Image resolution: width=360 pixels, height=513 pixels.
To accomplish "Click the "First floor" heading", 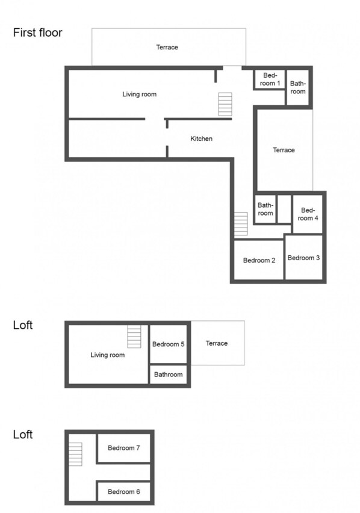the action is pyautogui.click(x=37, y=33).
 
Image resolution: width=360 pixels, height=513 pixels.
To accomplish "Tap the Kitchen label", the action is pyautogui.click(x=202, y=138).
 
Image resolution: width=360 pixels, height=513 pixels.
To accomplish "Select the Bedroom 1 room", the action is pyautogui.click(x=270, y=79).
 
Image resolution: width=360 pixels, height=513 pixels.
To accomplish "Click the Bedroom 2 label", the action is pyautogui.click(x=259, y=261).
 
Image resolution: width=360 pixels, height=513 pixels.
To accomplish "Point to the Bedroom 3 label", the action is pyautogui.click(x=303, y=258).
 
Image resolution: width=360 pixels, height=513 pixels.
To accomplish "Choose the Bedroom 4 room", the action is pyautogui.click(x=308, y=214).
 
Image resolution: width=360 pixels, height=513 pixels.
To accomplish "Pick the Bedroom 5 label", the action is pyautogui.click(x=169, y=344).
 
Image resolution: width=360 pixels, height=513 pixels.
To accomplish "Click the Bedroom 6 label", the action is pyautogui.click(x=124, y=492).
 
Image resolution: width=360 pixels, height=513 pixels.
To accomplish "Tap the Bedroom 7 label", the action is pyautogui.click(x=124, y=448).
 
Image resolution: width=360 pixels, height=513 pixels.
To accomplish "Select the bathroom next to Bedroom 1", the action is pyautogui.click(x=297, y=87).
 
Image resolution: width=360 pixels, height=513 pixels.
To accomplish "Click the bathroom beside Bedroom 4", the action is pyautogui.click(x=265, y=209).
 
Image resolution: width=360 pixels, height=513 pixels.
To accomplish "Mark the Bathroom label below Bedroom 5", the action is pyautogui.click(x=169, y=375).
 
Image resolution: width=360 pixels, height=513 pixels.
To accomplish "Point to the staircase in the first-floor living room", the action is pyautogui.click(x=225, y=104).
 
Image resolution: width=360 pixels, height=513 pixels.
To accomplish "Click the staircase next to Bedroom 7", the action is pyautogui.click(x=75, y=454).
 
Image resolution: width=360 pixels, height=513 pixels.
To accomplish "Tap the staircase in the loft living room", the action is pyautogui.click(x=134, y=337).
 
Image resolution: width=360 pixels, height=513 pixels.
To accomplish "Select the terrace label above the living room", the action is pyautogui.click(x=167, y=47).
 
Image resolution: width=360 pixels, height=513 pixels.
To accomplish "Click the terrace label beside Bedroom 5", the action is pyautogui.click(x=217, y=343).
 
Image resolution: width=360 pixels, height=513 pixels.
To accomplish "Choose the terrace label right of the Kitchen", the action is pyautogui.click(x=284, y=150).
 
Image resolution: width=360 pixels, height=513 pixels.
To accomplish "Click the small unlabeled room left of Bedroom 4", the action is pyautogui.click(x=284, y=209).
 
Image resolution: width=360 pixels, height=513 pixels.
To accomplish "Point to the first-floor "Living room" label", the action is pyautogui.click(x=139, y=94).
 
